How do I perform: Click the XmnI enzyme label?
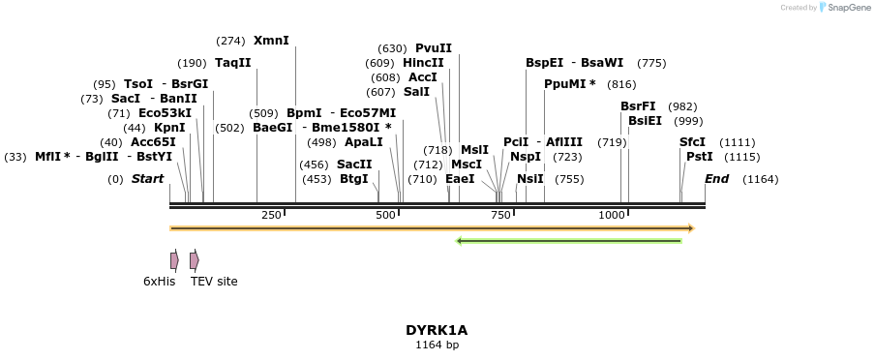click(271, 41)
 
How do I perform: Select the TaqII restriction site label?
click(232, 63)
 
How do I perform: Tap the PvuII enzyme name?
click(434, 48)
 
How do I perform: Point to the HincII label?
click(423, 63)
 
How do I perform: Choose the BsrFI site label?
click(638, 106)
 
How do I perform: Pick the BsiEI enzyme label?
click(645, 121)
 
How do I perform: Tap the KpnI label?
click(169, 128)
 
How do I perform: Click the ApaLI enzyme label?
click(364, 142)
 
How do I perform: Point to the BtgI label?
click(354, 179)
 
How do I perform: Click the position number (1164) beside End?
click(761, 179)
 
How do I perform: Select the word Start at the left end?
click(147, 179)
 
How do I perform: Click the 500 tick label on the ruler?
click(386, 215)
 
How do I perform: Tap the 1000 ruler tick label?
click(611, 215)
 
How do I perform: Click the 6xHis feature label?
click(159, 282)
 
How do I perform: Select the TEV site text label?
click(214, 282)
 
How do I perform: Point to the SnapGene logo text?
click(849, 8)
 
